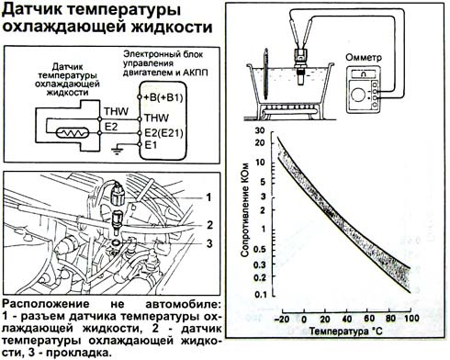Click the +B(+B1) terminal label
163,97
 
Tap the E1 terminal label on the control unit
151,144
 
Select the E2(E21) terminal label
163,133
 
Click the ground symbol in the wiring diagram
117,151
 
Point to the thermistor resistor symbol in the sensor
73,133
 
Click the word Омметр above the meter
364,57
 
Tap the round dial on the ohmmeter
358,94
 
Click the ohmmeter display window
364,73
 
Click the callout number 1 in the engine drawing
208,197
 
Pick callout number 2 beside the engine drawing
209,225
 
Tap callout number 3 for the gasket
209,243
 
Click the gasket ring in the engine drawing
117,242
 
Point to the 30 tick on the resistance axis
260,130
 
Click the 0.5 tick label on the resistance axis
259,250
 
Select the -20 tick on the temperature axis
282,319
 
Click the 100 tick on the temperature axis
411,318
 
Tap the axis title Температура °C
345,332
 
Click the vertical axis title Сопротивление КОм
244,209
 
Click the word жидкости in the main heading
172,27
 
